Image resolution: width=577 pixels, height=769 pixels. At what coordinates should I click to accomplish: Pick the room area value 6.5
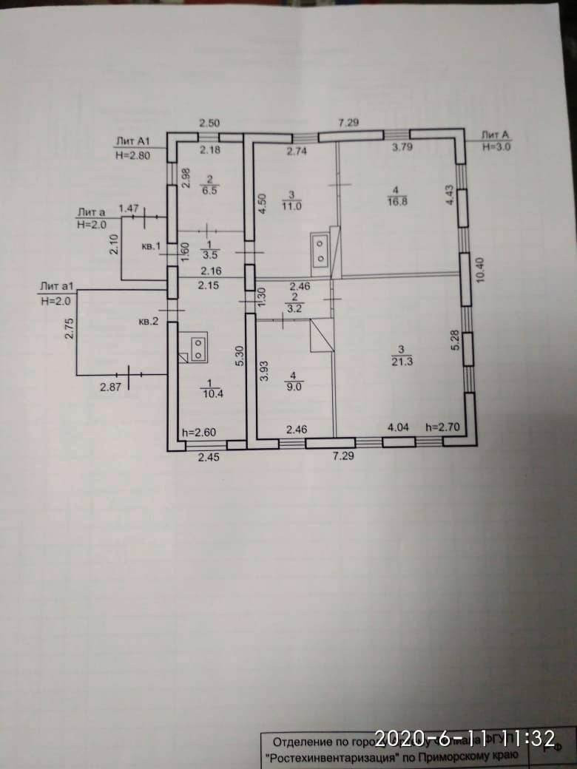(x=209, y=190)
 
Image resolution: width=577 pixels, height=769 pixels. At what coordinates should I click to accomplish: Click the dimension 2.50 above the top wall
(x=211, y=123)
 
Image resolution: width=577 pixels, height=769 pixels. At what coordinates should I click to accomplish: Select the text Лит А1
(x=133, y=140)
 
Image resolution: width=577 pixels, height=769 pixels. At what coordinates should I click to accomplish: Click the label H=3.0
(x=496, y=147)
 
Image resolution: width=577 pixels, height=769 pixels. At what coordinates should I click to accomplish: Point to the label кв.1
(x=150, y=245)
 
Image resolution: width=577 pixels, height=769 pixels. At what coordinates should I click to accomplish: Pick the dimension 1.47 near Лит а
(x=129, y=210)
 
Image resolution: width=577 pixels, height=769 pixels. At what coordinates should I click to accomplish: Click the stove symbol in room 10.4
(x=198, y=348)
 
